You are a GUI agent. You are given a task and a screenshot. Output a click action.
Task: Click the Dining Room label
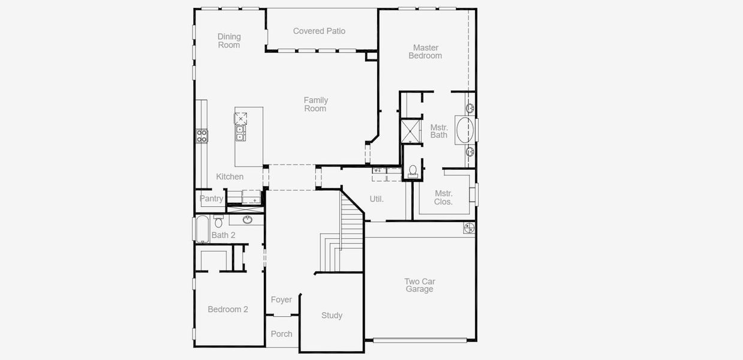228,41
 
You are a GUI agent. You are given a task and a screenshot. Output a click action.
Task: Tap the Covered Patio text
319,31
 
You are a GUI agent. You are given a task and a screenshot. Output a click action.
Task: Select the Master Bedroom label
425,52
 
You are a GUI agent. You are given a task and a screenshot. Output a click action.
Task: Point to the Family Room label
315,104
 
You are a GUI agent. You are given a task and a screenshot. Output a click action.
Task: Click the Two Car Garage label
419,285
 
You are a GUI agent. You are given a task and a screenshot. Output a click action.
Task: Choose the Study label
332,316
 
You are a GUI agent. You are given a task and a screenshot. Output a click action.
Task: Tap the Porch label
281,334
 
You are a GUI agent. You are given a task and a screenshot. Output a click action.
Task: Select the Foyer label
281,300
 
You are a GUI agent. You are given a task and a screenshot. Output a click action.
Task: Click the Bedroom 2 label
228,310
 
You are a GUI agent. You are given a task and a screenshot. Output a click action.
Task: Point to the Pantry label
211,199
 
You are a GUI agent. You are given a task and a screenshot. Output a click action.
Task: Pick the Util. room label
377,199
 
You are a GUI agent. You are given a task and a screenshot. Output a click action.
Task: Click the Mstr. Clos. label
444,197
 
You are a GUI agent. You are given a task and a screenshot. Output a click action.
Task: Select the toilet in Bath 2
218,222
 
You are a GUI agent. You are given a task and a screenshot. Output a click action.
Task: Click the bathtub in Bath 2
201,229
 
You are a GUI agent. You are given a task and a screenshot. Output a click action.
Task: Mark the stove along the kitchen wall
201,136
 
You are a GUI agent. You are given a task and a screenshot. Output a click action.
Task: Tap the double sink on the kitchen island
240,133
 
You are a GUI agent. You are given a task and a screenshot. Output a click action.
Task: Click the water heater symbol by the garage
469,228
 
